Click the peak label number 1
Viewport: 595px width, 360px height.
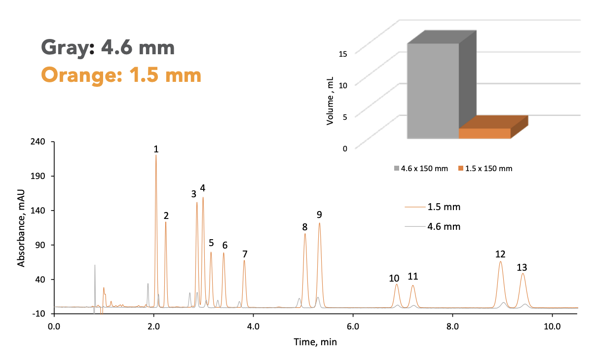click(x=156, y=149)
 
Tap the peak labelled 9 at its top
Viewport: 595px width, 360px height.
click(x=319, y=223)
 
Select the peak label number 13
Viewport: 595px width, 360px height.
click(x=522, y=267)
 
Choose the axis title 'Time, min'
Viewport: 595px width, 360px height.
click(x=315, y=341)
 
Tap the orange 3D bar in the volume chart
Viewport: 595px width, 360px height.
click(x=484, y=133)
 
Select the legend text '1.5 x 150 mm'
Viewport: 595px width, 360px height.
click(x=489, y=169)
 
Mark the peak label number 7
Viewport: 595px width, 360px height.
click(x=245, y=254)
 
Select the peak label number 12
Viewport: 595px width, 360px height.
click(x=500, y=254)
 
